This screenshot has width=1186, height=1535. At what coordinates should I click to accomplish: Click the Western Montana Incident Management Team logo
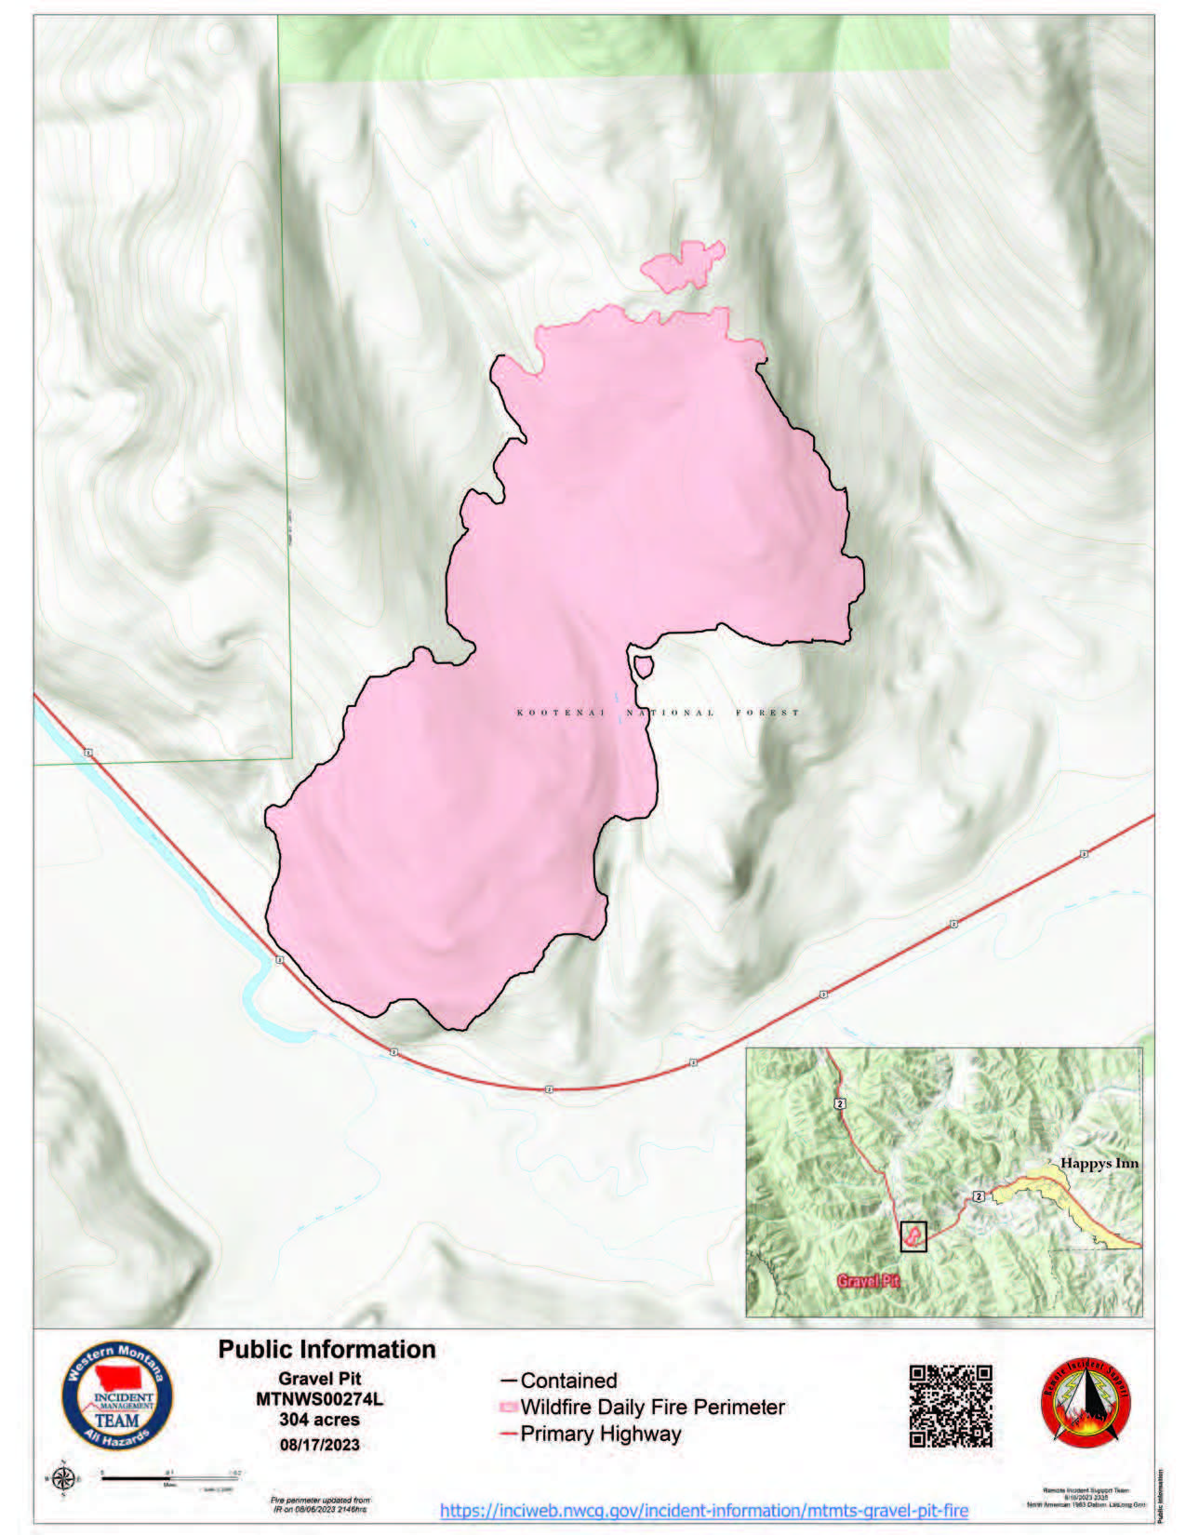tap(116, 1396)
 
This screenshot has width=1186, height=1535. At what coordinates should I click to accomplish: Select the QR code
tap(951, 1406)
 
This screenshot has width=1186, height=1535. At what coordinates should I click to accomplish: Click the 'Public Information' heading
tap(326, 1349)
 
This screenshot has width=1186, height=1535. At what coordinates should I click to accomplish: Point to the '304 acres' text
tap(319, 1420)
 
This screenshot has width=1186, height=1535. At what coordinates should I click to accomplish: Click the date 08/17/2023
tap(319, 1445)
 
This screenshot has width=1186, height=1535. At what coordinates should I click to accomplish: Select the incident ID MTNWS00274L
tap(319, 1398)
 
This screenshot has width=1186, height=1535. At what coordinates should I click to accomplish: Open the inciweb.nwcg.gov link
tap(703, 1510)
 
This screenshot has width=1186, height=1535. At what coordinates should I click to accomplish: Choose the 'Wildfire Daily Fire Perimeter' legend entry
tap(652, 1407)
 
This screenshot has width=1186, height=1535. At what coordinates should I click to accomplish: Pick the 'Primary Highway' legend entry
tap(600, 1434)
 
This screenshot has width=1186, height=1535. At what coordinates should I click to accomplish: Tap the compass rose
tap(63, 1478)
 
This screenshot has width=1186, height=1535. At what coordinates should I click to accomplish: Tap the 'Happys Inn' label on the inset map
tap(1099, 1164)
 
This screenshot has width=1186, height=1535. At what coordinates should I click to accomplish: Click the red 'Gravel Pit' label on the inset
tap(869, 1281)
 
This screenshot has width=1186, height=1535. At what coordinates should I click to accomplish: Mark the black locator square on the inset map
tap(913, 1236)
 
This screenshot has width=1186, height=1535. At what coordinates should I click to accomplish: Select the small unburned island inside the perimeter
tap(642, 666)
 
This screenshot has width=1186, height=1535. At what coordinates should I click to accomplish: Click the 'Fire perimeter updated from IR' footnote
tap(319, 1504)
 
